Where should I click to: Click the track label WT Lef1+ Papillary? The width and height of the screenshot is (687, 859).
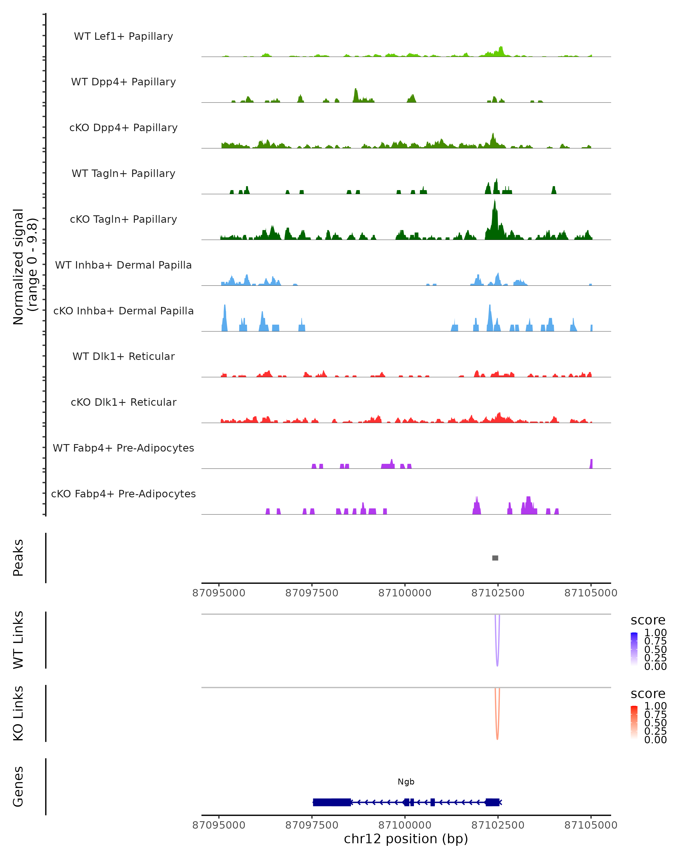pyautogui.click(x=123, y=36)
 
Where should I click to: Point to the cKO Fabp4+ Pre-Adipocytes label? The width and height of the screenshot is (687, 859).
pyautogui.click(x=123, y=494)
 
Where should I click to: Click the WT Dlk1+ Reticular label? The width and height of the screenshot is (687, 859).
pyautogui.click(x=123, y=356)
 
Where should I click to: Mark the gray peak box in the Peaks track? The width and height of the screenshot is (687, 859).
pyautogui.click(x=495, y=558)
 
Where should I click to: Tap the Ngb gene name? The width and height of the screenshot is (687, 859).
pyautogui.click(x=406, y=782)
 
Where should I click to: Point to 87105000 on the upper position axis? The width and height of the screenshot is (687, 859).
pyautogui.click(x=591, y=593)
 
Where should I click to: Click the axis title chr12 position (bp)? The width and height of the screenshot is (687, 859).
pyautogui.click(x=406, y=839)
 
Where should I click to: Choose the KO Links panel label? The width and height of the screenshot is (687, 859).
pyautogui.click(x=18, y=713)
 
